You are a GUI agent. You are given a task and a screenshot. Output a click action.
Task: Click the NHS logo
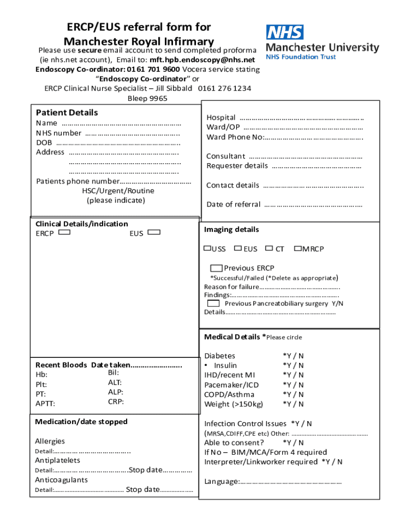tap(284, 33)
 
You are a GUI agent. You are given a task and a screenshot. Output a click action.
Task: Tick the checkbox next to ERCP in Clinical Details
tap(64, 233)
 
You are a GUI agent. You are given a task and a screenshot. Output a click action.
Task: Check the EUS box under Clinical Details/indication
tap(154, 233)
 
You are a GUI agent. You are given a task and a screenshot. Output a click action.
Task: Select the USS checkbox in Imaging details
tap(207, 248)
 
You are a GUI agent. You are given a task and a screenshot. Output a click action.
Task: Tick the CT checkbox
tap(269, 248)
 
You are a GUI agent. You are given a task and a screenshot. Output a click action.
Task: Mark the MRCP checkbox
tap(298, 248)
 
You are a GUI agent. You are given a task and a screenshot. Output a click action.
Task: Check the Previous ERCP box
tap(216, 268)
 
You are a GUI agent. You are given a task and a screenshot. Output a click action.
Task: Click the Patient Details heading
tap(67, 113)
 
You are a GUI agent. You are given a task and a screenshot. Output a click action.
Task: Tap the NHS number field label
tap(59, 133)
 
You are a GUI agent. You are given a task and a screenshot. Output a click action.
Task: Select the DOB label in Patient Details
tap(44, 143)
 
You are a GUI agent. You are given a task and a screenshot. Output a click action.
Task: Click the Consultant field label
tap(226, 156)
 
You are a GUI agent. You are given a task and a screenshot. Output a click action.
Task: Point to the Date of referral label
tap(233, 204)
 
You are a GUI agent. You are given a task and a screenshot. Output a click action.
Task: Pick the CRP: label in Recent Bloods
tap(116, 402)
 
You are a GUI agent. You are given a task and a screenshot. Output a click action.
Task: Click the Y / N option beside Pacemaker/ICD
tap(293, 385)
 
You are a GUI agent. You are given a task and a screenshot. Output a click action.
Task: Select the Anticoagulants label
tap(61, 480)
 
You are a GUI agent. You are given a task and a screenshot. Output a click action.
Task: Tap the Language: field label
tap(222, 482)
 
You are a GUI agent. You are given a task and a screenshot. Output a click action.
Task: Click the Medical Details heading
tap(232, 337)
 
